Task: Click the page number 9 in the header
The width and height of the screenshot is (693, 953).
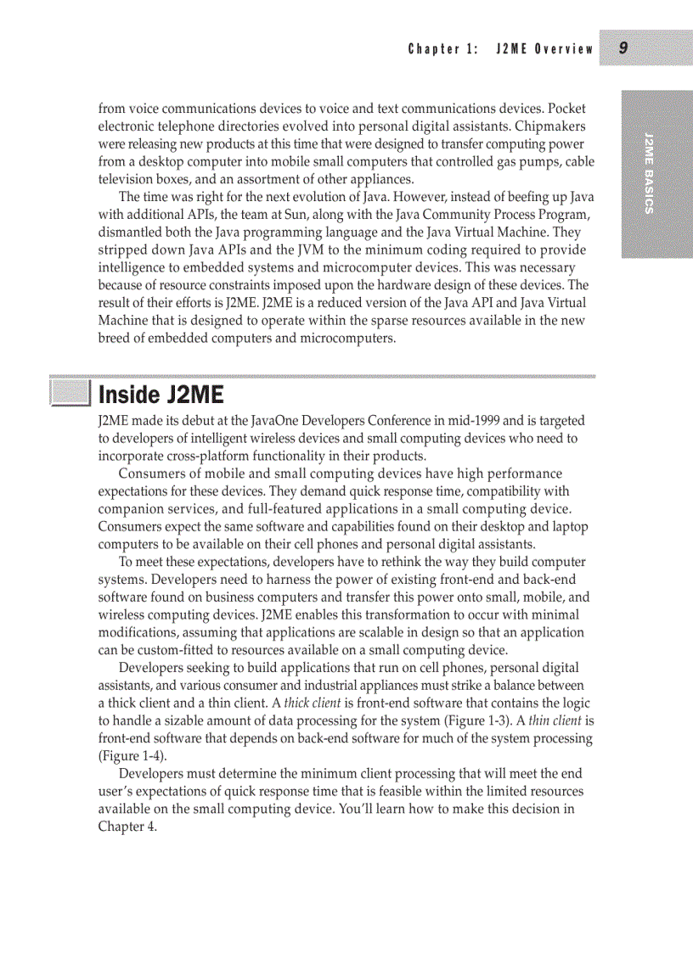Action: [x=623, y=48]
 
